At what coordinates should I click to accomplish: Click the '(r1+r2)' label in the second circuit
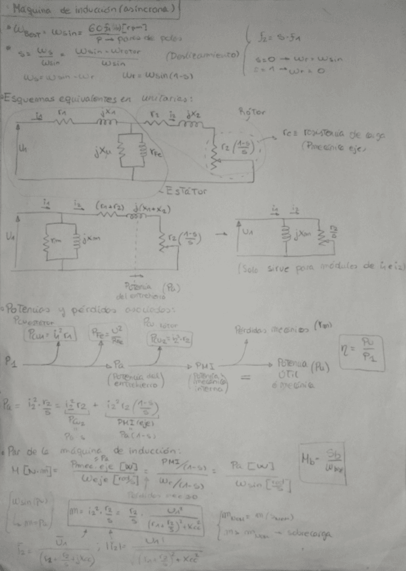tap(108, 205)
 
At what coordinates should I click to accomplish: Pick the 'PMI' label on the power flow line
tap(204, 364)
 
